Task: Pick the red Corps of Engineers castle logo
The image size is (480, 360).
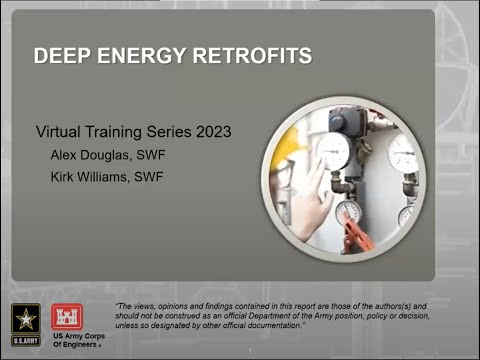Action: tap(70, 315)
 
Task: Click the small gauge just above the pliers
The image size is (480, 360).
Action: tap(347, 211)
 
